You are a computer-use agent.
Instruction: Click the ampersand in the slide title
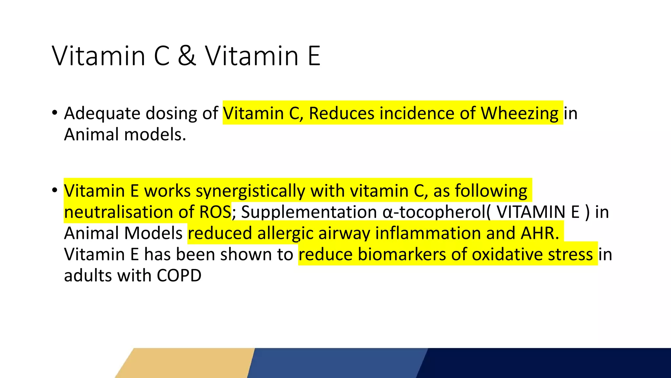tap(187, 56)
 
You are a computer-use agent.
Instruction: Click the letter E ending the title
tap(314, 56)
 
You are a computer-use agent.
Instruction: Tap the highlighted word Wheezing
tap(519, 114)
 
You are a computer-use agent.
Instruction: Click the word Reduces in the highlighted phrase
tap(341, 114)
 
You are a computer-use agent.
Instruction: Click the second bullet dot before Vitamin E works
tap(55, 190)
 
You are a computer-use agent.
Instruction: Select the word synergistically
tap(250, 191)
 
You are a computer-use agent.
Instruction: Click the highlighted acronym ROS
tap(215, 212)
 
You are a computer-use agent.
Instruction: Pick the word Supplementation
tap(309, 212)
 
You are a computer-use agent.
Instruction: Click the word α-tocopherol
tap(434, 212)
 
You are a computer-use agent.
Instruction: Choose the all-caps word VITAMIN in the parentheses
tap(530, 212)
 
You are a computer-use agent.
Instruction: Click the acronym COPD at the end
tap(179, 276)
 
